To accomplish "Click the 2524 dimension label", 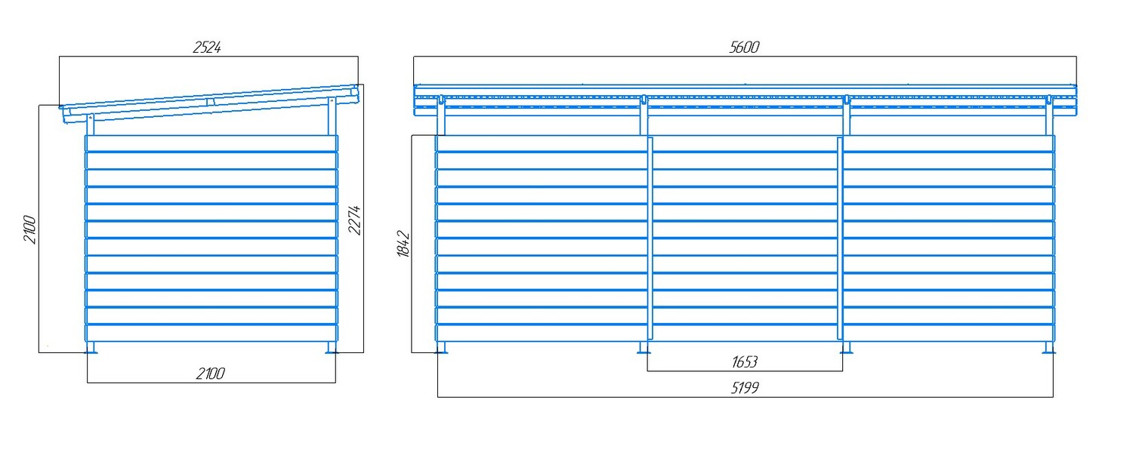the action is pyautogui.click(x=207, y=47).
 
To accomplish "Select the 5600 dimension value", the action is pyautogui.click(x=744, y=47).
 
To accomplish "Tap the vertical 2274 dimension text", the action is pyautogui.click(x=354, y=220).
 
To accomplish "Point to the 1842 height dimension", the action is pyautogui.click(x=403, y=244).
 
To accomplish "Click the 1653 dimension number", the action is pyautogui.click(x=745, y=362).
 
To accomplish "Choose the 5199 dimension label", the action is pyautogui.click(x=745, y=388).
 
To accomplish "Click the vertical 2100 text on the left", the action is pyautogui.click(x=30, y=229).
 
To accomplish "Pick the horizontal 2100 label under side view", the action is pyautogui.click(x=211, y=374).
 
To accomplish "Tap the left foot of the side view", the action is pyautogui.click(x=91, y=347).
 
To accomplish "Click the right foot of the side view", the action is pyautogui.click(x=331, y=347).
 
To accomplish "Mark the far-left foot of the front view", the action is pyautogui.click(x=440, y=347).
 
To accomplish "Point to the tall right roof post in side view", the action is pyautogui.click(x=332, y=117).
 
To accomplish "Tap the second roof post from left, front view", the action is pyautogui.click(x=644, y=115).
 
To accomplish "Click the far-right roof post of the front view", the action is pyautogui.click(x=1049, y=115).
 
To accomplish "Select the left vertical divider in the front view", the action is pyautogui.click(x=650, y=238).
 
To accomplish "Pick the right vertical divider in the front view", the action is pyautogui.click(x=840, y=238).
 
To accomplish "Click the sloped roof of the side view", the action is pyautogui.click(x=211, y=103).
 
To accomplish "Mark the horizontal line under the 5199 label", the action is pyautogui.click(x=746, y=397).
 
